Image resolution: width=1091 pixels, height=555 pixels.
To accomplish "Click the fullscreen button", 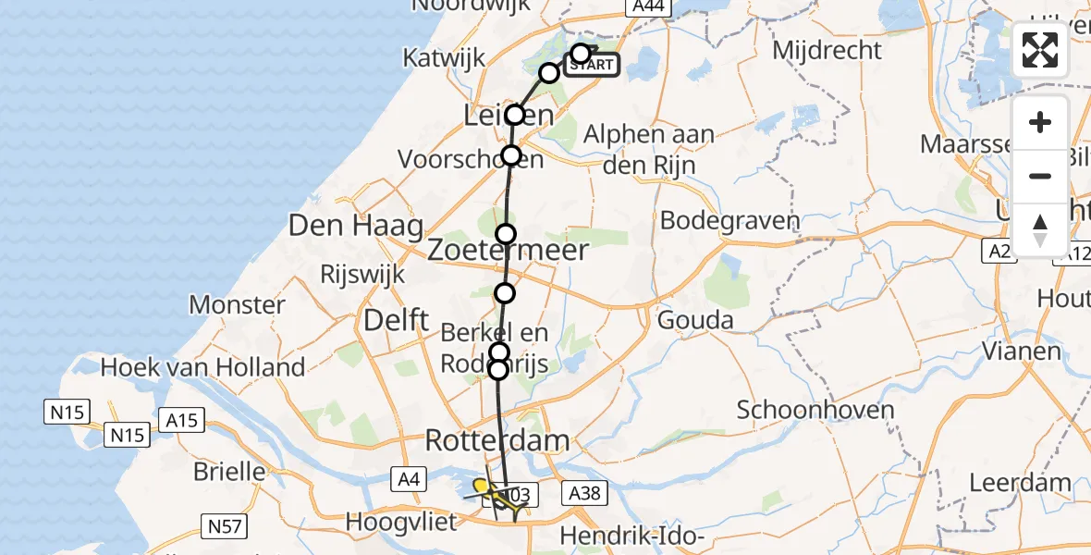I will (1040, 50).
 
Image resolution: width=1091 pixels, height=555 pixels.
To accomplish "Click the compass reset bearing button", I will (1040, 229).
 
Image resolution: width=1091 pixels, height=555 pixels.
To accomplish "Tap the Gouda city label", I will (695, 321).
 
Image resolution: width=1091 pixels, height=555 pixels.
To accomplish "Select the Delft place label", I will (397, 321).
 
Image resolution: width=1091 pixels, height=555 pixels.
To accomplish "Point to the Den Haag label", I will (356, 225).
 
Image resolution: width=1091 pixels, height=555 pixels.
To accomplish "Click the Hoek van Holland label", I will (202, 367).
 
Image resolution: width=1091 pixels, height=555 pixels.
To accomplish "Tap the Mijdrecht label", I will (827, 50).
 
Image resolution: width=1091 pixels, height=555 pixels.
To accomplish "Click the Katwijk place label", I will (444, 58).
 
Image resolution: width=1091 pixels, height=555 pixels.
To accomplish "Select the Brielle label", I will (229, 471).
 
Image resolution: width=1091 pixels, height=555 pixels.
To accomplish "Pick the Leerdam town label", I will (1020, 482).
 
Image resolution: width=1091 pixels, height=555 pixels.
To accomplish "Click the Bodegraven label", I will (729, 222).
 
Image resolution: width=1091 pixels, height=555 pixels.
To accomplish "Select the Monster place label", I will (237, 304).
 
